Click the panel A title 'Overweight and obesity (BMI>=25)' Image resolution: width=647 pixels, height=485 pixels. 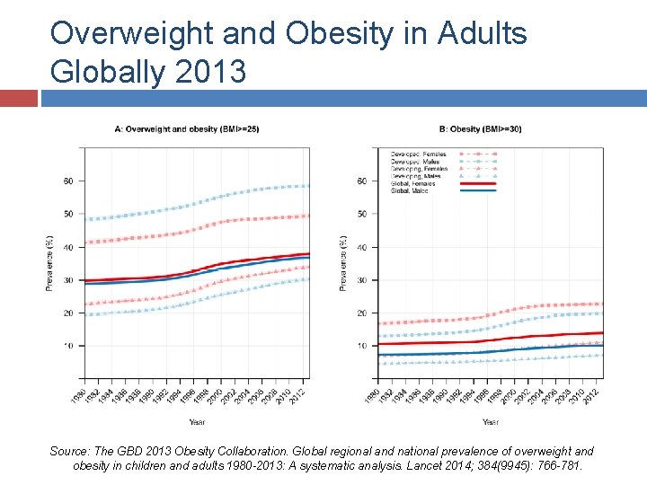click(x=188, y=129)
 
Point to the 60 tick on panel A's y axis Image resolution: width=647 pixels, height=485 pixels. click(x=66, y=181)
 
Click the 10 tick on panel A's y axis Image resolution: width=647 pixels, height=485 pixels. click(x=66, y=346)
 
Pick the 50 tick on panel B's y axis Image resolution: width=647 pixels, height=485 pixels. click(x=361, y=214)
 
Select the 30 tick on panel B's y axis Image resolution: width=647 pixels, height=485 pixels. click(x=361, y=280)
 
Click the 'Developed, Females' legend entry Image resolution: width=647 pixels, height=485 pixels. click(x=418, y=154)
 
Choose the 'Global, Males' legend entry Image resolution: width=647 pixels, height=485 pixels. click(x=412, y=190)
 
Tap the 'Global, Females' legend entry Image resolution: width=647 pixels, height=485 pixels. click(x=414, y=183)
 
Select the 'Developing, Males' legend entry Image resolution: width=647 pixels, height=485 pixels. click(x=418, y=176)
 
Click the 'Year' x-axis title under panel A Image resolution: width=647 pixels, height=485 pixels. click(x=196, y=421)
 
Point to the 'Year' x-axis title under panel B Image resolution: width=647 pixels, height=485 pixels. click(x=490, y=421)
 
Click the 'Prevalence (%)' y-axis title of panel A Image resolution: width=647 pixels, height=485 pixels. click(x=49, y=263)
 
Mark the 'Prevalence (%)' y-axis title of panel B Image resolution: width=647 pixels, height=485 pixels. click(x=343, y=263)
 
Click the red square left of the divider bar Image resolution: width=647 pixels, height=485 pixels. click(x=19, y=97)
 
